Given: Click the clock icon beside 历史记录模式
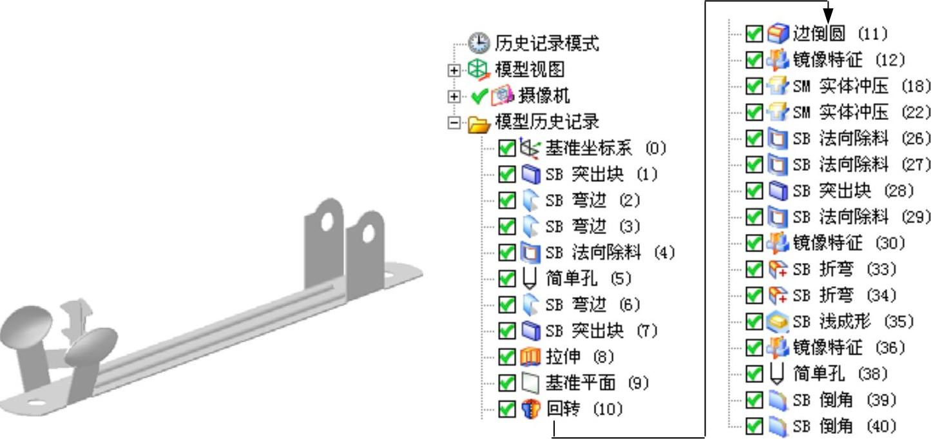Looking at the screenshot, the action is [479, 43].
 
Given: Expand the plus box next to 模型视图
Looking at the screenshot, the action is [455, 70].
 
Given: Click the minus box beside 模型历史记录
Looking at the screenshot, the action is [455, 122].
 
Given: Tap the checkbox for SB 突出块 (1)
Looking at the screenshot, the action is [507, 174].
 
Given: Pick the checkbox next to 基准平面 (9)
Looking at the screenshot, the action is [507, 383].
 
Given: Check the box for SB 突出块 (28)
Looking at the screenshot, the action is [754, 191].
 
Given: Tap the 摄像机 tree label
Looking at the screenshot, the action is [544, 96].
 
